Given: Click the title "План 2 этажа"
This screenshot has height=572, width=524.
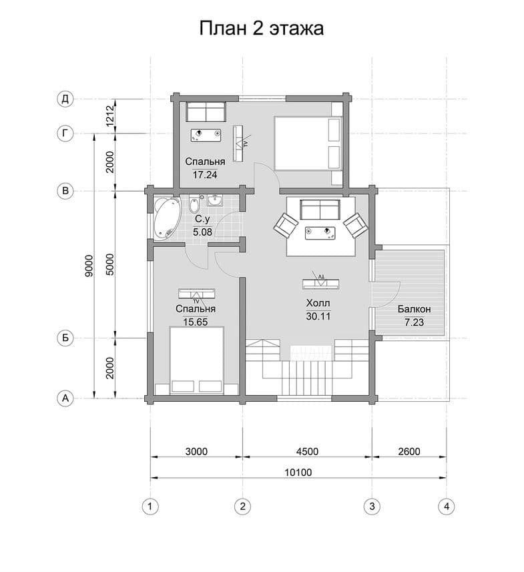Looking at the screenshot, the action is point(261,28).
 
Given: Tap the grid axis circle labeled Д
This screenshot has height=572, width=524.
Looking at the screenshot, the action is point(65,99).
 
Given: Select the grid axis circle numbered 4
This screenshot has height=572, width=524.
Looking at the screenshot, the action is point(447,507).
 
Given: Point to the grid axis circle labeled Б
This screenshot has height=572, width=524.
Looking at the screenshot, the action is point(65,338).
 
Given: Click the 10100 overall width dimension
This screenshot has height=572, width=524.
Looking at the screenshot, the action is point(298,473).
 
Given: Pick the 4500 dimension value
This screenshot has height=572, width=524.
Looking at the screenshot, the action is point(307,452).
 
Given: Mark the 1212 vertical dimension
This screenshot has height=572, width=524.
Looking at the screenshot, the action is point(110,115).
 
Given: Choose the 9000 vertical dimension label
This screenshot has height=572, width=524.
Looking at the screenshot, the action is point(89,266).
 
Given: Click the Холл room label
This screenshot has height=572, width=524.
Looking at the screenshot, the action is point(318,303).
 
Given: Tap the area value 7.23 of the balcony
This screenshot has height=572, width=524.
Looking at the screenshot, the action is point(414,322).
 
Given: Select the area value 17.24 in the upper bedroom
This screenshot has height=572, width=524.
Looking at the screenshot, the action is point(205,175).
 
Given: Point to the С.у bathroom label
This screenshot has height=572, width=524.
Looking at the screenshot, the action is point(202,219).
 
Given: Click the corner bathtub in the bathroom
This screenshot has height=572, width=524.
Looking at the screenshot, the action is point(167,218).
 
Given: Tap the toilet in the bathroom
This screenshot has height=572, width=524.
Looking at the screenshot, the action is point(194,204).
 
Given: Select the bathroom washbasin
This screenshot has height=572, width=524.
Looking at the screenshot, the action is point(216,200).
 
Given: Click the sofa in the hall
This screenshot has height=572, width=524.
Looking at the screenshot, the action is point(320,209).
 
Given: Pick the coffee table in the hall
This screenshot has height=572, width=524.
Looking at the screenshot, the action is point(320,232).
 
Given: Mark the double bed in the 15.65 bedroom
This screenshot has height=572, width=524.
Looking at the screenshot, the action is point(197,360).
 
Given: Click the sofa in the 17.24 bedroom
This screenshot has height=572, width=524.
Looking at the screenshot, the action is point(206,111).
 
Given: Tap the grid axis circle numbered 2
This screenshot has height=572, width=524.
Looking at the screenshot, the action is point(242,507).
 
